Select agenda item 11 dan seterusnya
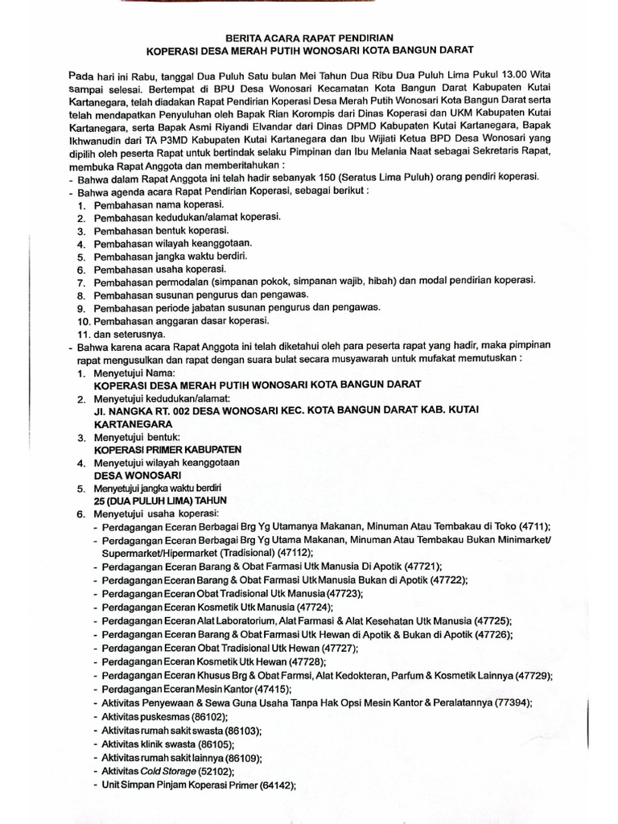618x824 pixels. click(130, 333)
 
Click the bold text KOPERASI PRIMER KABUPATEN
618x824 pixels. click(167, 449)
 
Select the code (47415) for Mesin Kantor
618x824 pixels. click(270, 689)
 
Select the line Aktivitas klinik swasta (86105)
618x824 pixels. click(167, 744)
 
